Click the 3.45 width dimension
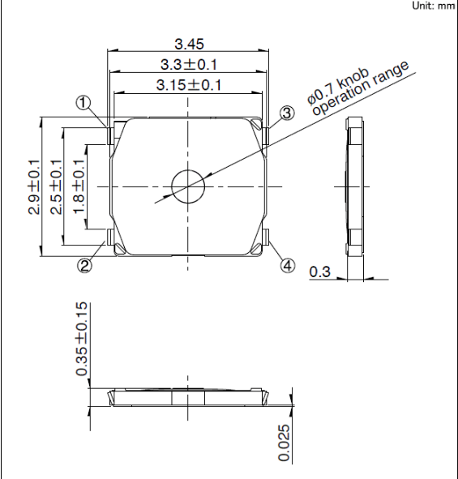[x=189, y=44]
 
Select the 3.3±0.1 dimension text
[x=189, y=65]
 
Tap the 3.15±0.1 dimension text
[x=189, y=85]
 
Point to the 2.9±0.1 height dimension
[x=34, y=187]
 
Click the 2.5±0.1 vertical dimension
[x=56, y=187]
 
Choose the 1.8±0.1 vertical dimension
[x=79, y=186]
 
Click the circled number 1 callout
[x=83, y=103]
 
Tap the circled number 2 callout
[x=84, y=266]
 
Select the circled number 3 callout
[x=287, y=113]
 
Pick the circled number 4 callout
[x=288, y=266]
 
